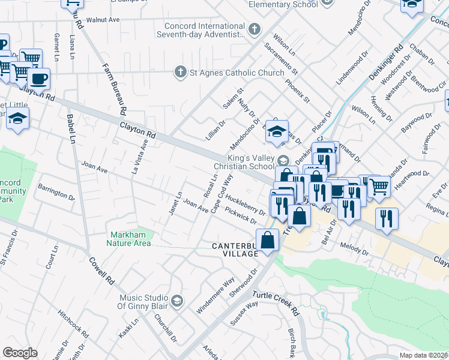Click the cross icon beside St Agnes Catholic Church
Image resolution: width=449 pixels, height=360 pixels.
point(179,72)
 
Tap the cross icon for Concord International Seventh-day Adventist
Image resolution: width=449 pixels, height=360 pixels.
point(255,28)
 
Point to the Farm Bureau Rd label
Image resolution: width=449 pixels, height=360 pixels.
point(113,89)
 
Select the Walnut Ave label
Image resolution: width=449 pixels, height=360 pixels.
point(103,19)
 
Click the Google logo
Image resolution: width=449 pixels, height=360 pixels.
point(20,353)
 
